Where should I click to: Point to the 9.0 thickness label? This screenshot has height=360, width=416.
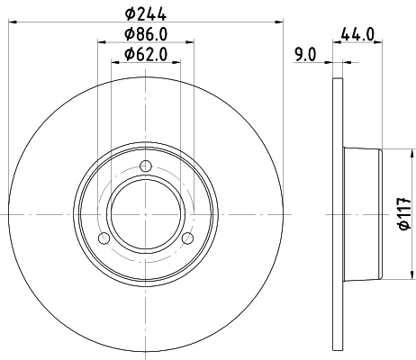(x=305, y=54)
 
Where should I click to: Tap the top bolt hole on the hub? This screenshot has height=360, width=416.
(x=148, y=165)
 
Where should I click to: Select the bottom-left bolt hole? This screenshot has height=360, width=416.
(x=105, y=238)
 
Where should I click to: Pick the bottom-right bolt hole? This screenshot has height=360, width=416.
(x=189, y=238)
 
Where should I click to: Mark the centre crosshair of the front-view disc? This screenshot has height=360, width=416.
(x=148, y=213)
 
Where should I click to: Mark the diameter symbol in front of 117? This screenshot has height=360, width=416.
(x=402, y=228)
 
